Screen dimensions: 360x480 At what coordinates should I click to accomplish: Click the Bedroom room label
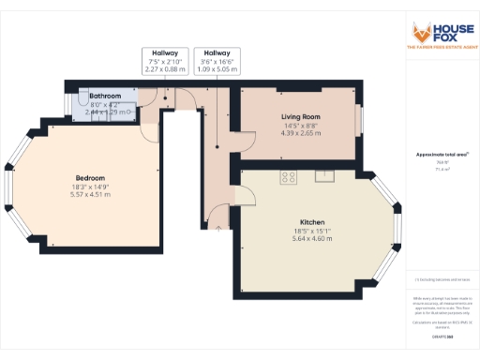[x=90, y=178]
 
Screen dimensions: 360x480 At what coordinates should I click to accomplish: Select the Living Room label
[x=301, y=117]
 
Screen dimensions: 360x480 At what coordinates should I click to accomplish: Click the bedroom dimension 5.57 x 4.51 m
[x=90, y=195]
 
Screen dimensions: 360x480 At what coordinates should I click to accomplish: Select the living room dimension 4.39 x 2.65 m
[x=301, y=133]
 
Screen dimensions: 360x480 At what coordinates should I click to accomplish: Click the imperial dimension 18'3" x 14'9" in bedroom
[x=90, y=187]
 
